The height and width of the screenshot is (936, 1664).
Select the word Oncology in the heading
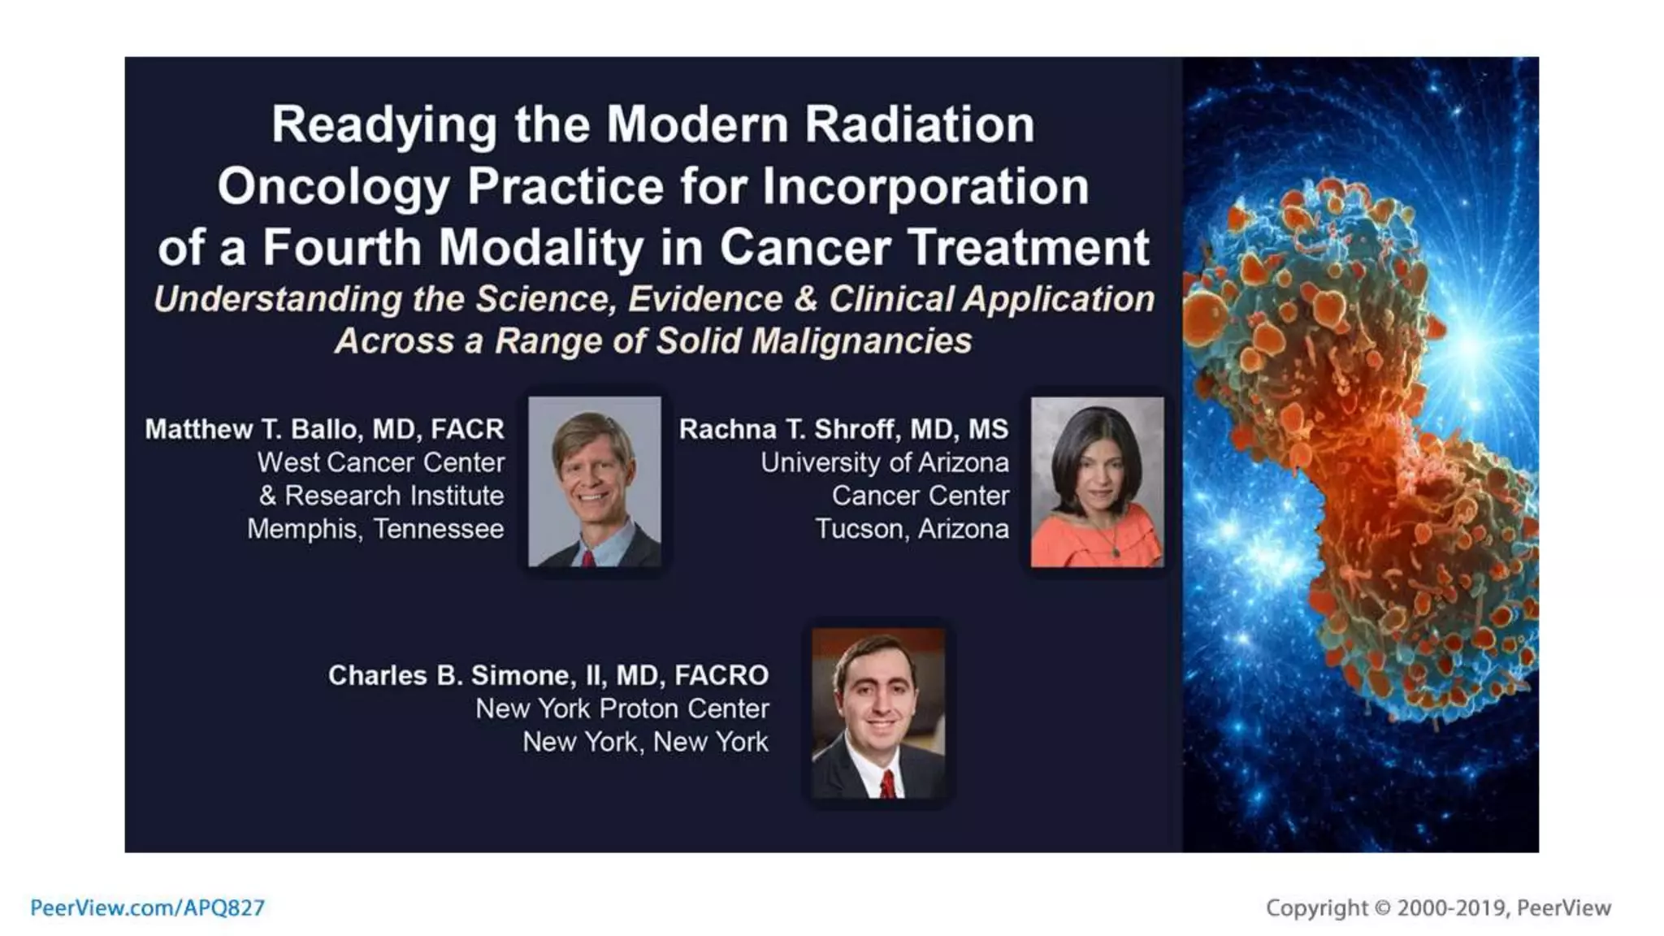332,187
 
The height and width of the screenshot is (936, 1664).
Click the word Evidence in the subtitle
704,299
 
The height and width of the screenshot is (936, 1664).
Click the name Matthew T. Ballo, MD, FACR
324,429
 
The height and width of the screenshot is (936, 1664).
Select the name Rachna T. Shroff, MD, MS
843,429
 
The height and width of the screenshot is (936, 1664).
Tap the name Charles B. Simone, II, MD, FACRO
548,675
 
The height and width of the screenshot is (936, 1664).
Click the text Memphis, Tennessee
375,529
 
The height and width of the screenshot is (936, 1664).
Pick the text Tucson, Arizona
912,529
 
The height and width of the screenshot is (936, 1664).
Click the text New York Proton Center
622,708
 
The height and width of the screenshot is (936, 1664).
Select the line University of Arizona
884,462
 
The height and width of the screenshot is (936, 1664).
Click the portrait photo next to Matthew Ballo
594,481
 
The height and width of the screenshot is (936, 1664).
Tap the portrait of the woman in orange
1097,481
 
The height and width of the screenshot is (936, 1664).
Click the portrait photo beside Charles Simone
878,712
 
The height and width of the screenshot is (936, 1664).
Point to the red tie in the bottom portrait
888,785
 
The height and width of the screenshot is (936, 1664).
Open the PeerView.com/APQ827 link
147,908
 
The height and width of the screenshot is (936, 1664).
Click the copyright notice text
1437,908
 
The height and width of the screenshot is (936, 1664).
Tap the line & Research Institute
381,496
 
